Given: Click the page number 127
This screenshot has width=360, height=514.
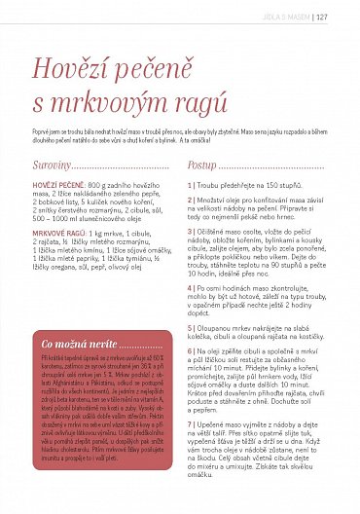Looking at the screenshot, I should click(348, 15).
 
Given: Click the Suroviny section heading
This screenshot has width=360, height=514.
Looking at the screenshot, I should click(51, 165).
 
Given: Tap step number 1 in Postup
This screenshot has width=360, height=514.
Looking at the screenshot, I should click(190, 184).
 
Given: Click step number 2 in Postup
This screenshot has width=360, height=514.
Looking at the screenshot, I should click(190, 200).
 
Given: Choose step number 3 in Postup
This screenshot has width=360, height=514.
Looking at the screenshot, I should click(190, 231).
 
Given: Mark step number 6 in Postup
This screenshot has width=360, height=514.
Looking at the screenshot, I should click(190, 348).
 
